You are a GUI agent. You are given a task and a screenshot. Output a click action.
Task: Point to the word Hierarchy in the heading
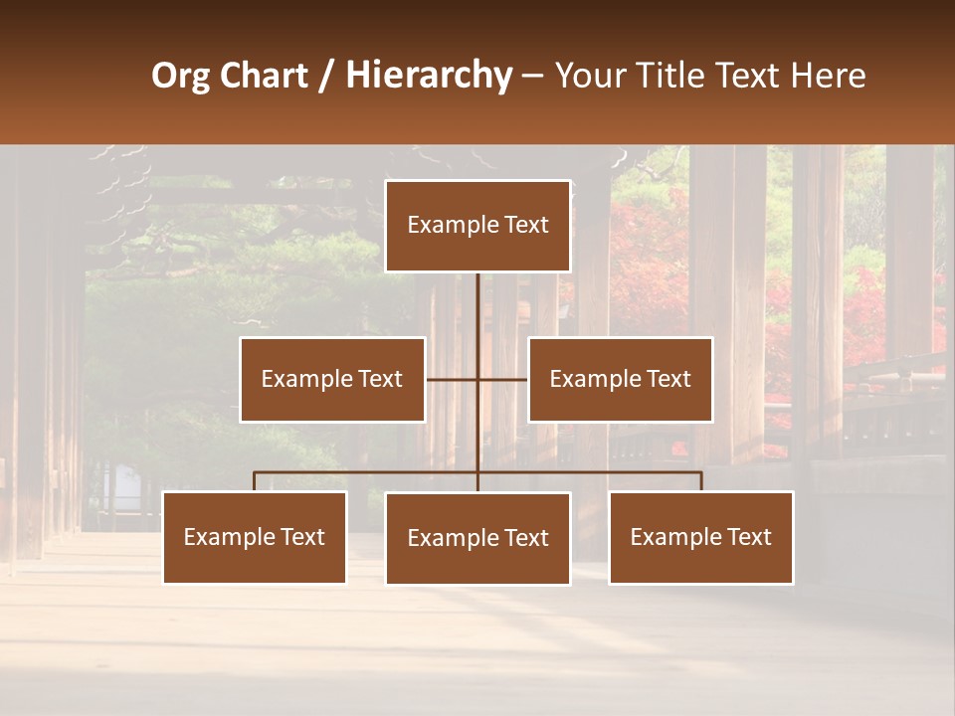point(428,76)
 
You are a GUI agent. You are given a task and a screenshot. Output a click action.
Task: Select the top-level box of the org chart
point(477,226)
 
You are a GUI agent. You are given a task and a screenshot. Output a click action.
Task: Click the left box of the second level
point(332,379)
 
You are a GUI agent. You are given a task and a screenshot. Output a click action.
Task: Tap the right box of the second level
point(621,379)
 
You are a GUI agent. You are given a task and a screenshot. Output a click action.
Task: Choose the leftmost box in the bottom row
point(255,537)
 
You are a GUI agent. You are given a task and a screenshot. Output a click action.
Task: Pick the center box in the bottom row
point(477,538)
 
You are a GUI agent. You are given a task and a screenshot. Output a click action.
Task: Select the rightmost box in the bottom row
point(701,537)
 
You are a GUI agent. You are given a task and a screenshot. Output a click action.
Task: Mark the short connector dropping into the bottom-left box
point(255,481)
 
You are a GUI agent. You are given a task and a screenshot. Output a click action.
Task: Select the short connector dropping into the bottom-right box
point(701,481)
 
